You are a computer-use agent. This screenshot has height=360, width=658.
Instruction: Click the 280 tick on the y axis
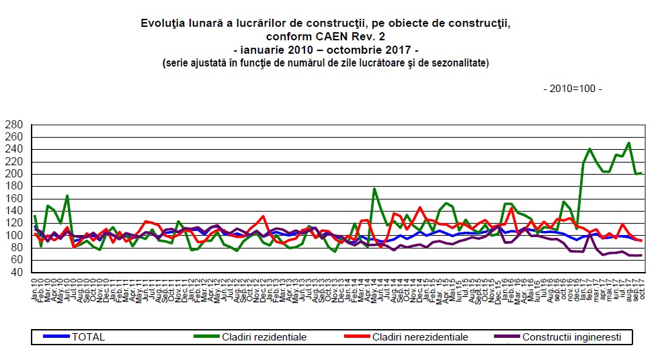pos(13,125)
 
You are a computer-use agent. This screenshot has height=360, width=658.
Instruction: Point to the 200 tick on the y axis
pos(13,174)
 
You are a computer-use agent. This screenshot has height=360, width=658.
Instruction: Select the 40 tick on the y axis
pos(16,272)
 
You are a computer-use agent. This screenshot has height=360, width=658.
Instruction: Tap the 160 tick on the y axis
pos(13,199)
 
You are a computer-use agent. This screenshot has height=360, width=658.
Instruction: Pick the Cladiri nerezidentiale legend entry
pos(420,337)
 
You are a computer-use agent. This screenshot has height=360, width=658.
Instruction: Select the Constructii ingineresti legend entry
pos(572,337)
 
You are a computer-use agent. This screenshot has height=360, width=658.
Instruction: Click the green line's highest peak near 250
pos(628,143)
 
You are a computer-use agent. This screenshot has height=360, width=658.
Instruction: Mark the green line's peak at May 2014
pos(374,189)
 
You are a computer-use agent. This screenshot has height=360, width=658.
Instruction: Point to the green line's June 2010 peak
pos(68,195)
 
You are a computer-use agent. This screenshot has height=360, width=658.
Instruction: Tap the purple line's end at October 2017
pos(641,255)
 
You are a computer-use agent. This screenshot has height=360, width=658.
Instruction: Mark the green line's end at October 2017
pos(641,173)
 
